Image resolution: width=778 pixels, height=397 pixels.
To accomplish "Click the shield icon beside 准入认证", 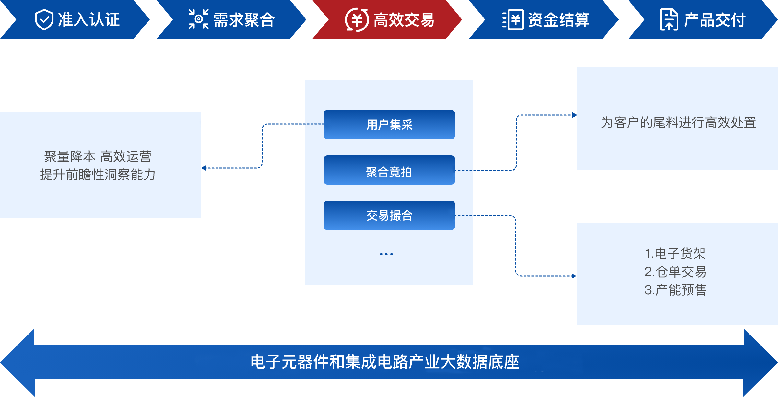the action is click(44, 20).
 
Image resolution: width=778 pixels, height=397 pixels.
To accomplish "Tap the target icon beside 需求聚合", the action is click(198, 19).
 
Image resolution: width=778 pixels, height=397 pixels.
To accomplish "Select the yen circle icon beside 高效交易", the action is click(357, 20).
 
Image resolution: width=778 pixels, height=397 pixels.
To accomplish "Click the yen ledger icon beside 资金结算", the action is click(513, 20).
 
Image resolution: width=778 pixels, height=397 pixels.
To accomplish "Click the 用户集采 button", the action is click(389, 125).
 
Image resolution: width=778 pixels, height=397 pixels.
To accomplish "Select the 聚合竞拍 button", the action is click(389, 170).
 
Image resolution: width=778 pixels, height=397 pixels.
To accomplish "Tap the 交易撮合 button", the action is click(389, 215).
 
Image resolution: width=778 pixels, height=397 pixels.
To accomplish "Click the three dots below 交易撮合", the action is click(386, 254).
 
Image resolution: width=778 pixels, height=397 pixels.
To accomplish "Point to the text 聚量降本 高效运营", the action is click(98, 157).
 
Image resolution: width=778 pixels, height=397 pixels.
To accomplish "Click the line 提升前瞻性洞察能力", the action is click(98, 175).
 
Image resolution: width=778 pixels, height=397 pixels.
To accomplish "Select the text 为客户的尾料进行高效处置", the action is click(678, 123).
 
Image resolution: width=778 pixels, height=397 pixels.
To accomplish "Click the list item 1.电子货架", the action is click(675, 254).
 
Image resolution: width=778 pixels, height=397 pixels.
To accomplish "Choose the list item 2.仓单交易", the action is click(675, 272).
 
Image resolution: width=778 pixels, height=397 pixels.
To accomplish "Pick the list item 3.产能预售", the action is click(675, 290).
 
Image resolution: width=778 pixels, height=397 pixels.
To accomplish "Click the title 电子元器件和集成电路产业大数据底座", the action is click(385, 362).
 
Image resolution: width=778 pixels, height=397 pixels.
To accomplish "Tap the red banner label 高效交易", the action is click(404, 20).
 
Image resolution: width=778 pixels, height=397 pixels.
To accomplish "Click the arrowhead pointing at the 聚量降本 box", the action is click(204, 168).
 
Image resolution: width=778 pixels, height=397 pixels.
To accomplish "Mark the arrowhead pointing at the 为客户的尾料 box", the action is click(575, 115).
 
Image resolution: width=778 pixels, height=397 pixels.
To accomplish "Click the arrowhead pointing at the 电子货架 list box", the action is click(574, 276).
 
